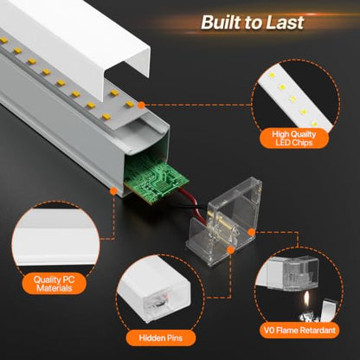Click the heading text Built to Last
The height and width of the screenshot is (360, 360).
coord(253,22)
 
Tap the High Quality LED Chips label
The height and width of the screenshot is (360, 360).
coord(294,138)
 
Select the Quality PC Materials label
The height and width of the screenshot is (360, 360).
coord(55,284)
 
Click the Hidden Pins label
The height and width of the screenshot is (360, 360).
coord(161,337)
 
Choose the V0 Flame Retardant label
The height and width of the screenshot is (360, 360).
coord(299,330)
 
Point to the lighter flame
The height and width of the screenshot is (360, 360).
coord(306,300)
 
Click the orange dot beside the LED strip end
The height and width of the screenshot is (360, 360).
coord(141,106)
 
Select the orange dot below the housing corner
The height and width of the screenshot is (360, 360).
coord(113,190)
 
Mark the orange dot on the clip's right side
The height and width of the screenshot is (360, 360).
coord(252,232)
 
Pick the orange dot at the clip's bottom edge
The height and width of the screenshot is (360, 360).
coord(230,250)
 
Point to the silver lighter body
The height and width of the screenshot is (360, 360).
coord(323,311)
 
